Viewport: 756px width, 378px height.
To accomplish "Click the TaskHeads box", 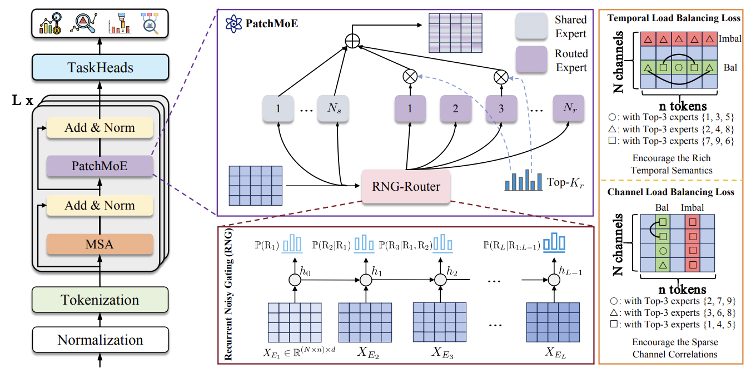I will (x=100, y=67).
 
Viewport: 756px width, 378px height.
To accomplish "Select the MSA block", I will (x=100, y=243).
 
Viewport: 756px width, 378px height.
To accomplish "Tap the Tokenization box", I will (x=100, y=300).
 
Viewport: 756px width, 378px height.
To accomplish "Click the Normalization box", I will (x=100, y=340).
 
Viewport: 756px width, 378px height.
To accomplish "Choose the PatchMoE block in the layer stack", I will (x=100, y=166).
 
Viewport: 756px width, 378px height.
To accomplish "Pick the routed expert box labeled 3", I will (x=501, y=109).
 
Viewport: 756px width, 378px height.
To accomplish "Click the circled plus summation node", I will (x=351, y=41).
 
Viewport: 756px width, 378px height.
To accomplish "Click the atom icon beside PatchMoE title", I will (x=231, y=25).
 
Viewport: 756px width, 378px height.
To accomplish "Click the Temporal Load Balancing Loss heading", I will (x=674, y=18).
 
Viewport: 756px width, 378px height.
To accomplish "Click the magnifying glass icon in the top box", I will (x=84, y=23).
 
